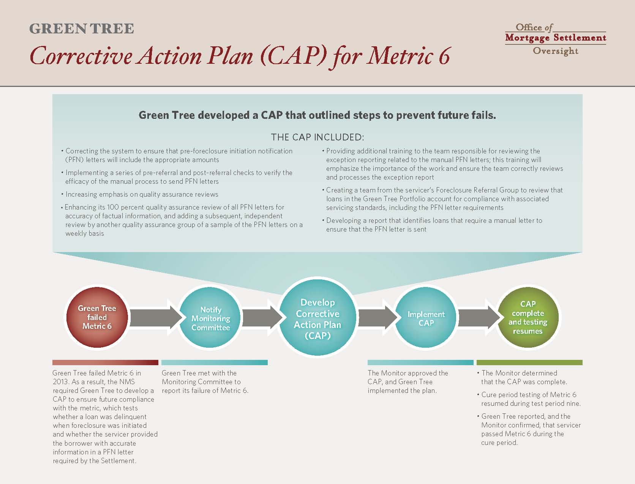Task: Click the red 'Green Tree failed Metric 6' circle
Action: point(97,317)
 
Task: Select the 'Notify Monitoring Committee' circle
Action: point(210,317)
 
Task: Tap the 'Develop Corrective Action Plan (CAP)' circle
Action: point(317,317)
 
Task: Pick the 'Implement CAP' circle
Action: point(426,317)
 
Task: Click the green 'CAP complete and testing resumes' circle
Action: point(528,317)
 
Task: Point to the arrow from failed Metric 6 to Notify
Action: point(155,318)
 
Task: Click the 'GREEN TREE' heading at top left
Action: point(82,28)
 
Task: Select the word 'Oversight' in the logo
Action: point(556,51)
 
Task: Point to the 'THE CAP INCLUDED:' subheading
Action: point(317,137)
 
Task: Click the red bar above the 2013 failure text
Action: point(105,362)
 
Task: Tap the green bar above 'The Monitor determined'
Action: point(529,362)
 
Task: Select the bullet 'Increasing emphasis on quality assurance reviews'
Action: point(140,194)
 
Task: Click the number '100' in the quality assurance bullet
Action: point(113,207)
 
